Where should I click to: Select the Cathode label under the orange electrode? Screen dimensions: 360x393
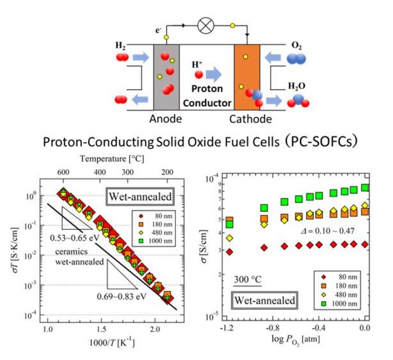[250, 119]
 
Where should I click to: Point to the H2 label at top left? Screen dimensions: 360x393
[121, 45]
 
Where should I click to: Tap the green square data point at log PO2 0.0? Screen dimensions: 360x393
[365, 188]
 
